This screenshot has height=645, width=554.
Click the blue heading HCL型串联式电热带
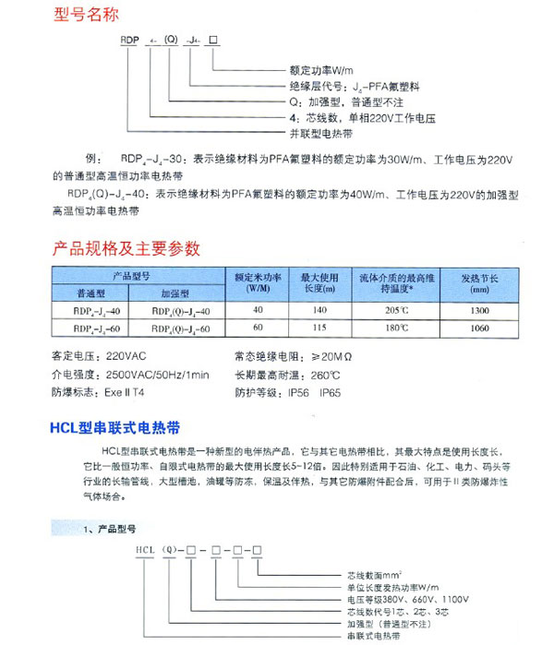(112, 428)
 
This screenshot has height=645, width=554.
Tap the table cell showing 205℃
(395, 310)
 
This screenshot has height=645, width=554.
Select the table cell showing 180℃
(395, 328)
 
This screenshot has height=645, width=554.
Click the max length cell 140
(320, 310)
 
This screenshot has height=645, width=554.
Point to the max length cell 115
(320, 328)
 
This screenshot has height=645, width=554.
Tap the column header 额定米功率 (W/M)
(257, 282)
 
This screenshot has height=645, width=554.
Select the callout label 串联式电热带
(374, 636)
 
